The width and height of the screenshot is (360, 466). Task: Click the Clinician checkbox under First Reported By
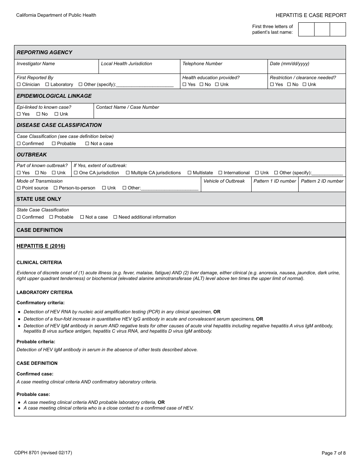(x=19, y=84)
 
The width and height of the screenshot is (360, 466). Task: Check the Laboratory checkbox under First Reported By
(x=47, y=84)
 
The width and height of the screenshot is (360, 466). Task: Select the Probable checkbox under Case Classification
(x=54, y=144)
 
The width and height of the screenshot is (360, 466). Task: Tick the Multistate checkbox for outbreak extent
(x=189, y=173)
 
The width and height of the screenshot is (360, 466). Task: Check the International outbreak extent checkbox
(x=221, y=173)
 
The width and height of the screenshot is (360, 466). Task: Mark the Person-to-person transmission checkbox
(x=56, y=188)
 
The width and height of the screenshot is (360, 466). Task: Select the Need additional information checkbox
(x=115, y=217)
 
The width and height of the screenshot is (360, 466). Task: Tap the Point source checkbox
(x=19, y=188)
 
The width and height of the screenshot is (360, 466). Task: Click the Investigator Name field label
(x=36, y=64)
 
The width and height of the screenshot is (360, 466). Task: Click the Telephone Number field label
(x=202, y=64)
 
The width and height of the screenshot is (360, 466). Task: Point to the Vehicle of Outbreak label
(x=224, y=181)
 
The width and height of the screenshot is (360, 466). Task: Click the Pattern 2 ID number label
(x=322, y=181)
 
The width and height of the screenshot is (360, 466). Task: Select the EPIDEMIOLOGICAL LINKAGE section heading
(x=54, y=96)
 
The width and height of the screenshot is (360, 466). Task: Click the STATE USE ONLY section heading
(x=39, y=199)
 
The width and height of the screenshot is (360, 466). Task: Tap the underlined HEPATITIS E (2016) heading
(x=41, y=246)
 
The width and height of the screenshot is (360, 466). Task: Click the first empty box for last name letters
(x=306, y=29)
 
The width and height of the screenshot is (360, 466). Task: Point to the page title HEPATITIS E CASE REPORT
(x=311, y=15)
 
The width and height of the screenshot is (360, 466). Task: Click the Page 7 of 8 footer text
(x=333, y=453)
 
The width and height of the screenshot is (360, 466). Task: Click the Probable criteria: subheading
(x=36, y=342)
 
